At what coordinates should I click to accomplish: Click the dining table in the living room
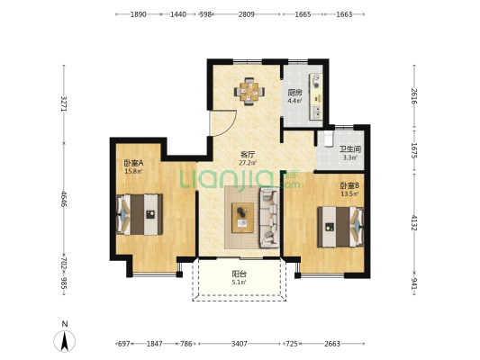coord(249,91)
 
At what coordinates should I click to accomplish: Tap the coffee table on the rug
coord(243,218)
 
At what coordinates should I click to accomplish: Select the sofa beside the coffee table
coord(269,218)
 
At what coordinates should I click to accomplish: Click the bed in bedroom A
coord(140,214)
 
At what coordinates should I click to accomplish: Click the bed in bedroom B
coord(340,227)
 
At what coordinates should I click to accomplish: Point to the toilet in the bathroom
coord(328,139)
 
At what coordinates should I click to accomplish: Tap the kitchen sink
coord(316,112)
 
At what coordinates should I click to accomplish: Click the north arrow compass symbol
coord(64,340)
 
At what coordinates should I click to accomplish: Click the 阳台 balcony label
coord(239,274)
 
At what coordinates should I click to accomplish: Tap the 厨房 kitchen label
coord(294,93)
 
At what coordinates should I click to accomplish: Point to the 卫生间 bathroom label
coord(350,149)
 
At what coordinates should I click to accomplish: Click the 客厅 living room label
coord(248,155)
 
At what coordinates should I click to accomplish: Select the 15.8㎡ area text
coord(133,171)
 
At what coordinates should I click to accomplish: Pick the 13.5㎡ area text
coord(349,193)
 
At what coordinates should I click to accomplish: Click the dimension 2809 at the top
coord(247,14)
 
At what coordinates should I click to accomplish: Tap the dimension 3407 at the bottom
coord(239,344)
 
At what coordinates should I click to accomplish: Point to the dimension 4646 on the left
coord(64,199)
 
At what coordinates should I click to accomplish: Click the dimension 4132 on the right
coord(414,222)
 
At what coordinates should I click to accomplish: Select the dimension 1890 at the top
coord(139,14)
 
